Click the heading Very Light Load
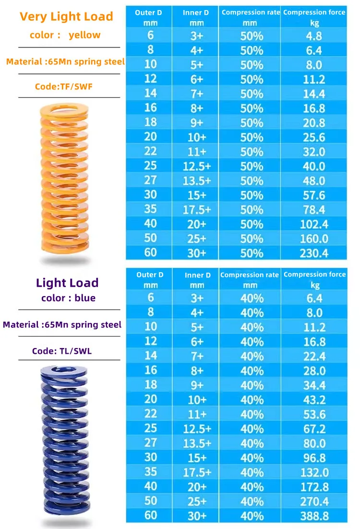[x=66, y=17]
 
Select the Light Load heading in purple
[x=67, y=283]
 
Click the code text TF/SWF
[x=64, y=86]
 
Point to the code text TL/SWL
[x=62, y=351]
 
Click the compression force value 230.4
[x=314, y=253]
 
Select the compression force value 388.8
[x=314, y=516]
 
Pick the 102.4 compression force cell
[x=314, y=224]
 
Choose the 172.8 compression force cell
[x=314, y=487]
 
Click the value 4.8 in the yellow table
[x=314, y=36]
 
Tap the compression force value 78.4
[x=314, y=210]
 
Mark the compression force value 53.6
[x=314, y=415]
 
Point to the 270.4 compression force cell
[x=314, y=502]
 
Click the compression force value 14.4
[x=314, y=94]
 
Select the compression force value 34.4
[x=314, y=385]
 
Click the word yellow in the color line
[x=84, y=35]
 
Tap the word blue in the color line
[x=85, y=298]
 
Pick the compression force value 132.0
[x=314, y=473]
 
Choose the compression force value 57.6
[x=314, y=195]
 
